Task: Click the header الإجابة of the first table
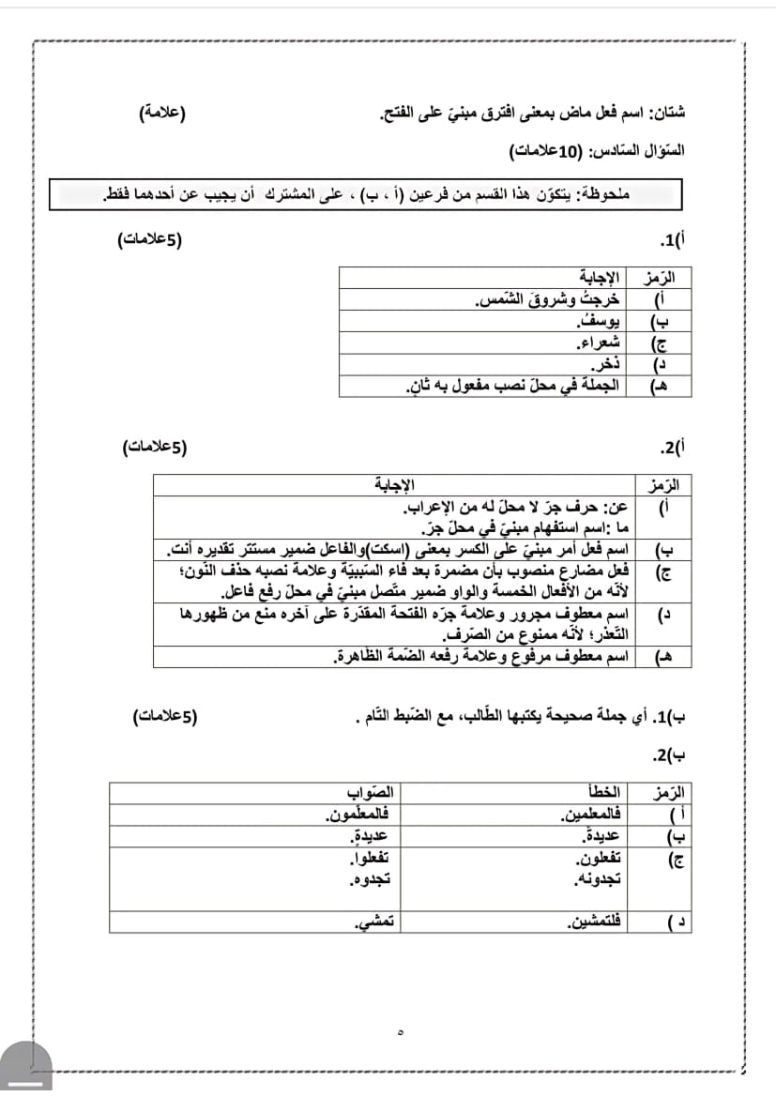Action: click(599, 279)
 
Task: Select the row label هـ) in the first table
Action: click(658, 387)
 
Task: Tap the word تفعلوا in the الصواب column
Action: click(370, 860)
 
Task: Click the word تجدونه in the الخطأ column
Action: click(599, 880)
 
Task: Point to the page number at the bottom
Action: click(401, 1032)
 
